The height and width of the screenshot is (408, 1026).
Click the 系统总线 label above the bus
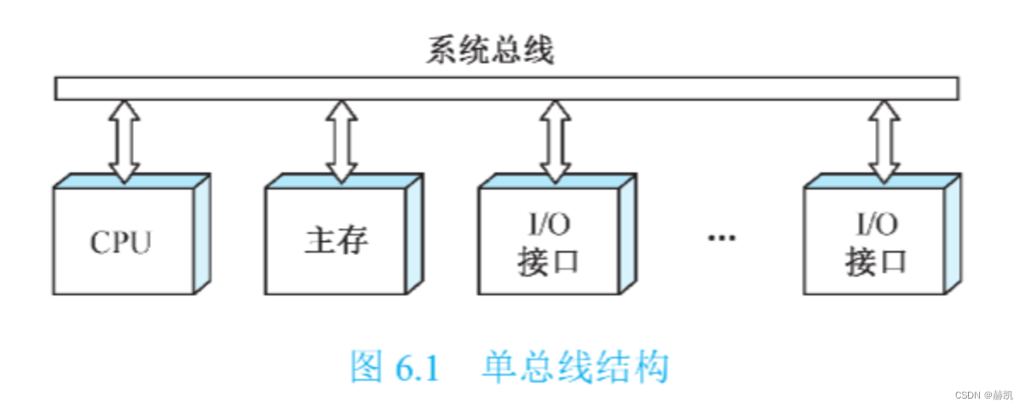point(490,50)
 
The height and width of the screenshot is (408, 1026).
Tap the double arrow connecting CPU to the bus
point(125,141)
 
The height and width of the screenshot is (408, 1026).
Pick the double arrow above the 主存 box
point(341,141)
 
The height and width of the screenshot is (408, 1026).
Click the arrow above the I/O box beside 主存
point(555,141)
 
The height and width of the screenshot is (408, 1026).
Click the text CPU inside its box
point(120,242)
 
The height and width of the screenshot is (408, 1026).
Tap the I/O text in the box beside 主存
point(547,225)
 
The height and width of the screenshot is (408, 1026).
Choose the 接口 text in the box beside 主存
point(547,262)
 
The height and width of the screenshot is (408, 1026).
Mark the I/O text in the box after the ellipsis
point(876,225)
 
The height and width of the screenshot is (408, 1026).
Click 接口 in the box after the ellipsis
point(876,262)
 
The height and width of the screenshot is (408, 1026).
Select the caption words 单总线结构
point(574,368)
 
